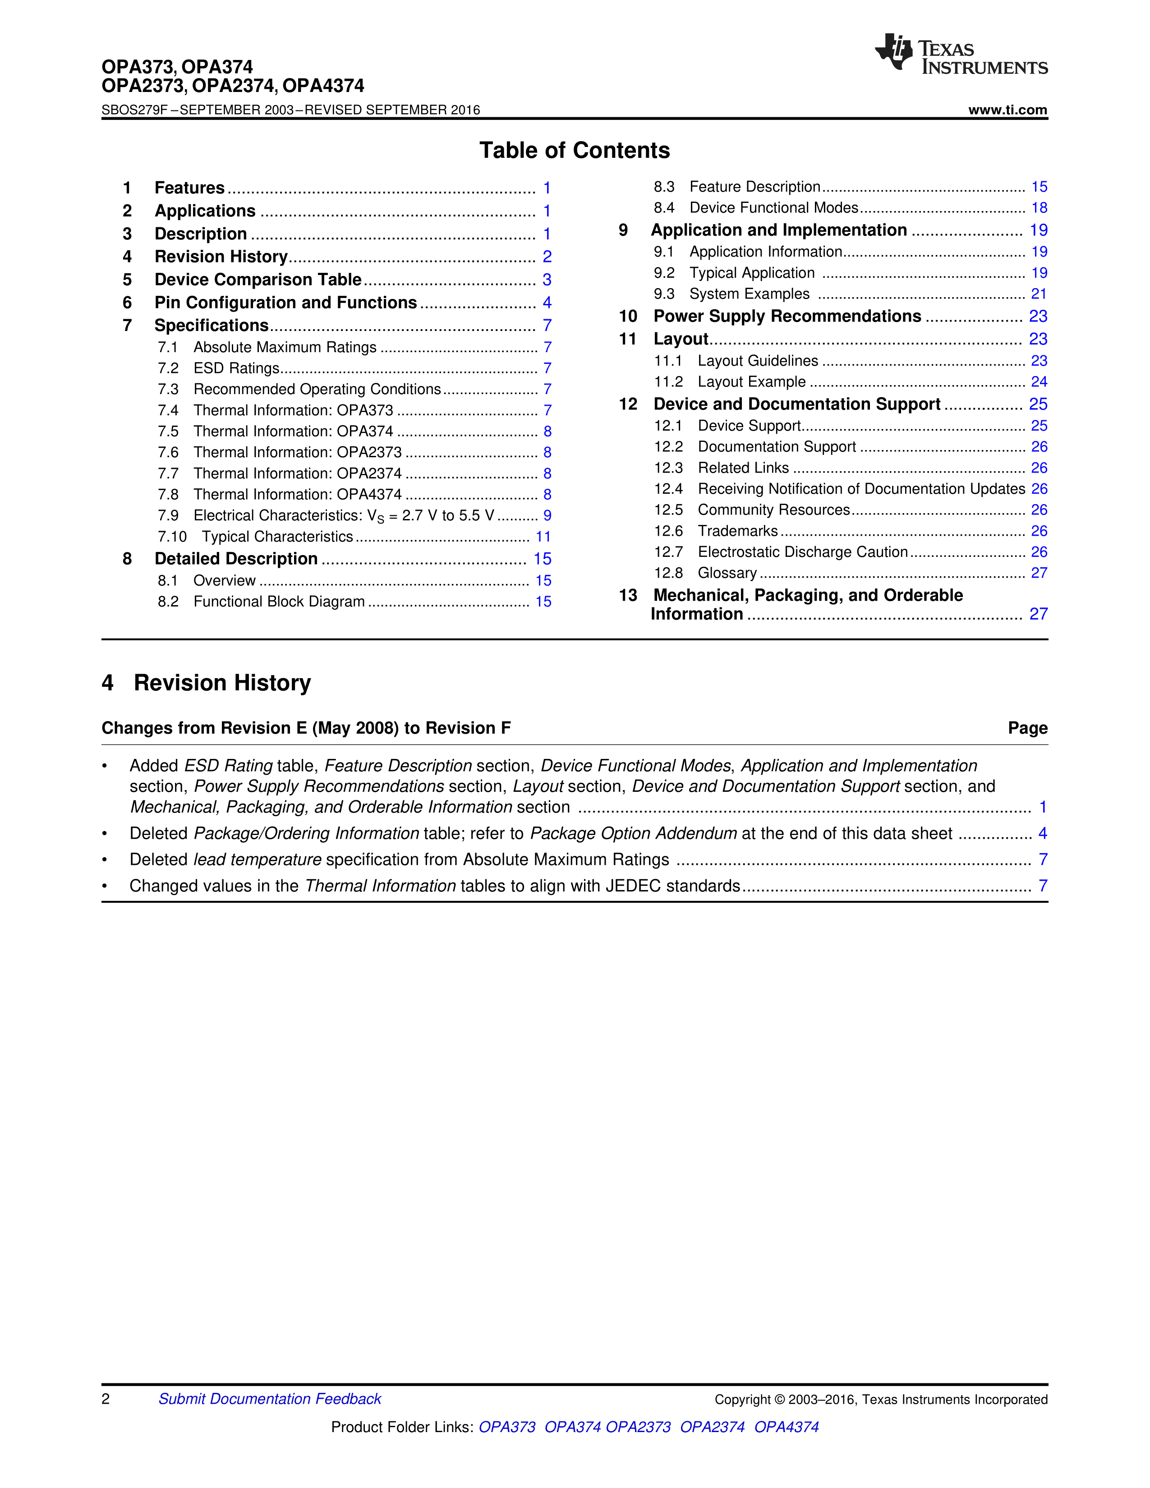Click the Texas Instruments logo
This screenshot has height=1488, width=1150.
tap(961, 54)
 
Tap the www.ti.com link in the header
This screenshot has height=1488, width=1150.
tap(1007, 110)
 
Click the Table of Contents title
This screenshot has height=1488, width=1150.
tap(574, 150)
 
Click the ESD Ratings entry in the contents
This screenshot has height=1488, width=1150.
tap(236, 368)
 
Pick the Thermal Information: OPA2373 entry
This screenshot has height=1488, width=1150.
tap(297, 452)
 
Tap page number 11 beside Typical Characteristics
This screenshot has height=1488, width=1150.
tap(543, 537)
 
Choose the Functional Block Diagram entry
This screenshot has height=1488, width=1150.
tap(279, 602)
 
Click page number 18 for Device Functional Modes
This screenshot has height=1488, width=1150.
tap(1039, 208)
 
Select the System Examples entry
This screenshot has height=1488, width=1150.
tap(750, 294)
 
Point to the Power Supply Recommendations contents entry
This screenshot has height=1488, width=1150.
tap(787, 316)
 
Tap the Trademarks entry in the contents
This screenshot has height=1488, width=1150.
tap(737, 531)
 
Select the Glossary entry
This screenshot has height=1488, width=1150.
tap(727, 573)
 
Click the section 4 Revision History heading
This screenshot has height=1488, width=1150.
tap(207, 683)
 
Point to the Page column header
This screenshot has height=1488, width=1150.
tap(1027, 728)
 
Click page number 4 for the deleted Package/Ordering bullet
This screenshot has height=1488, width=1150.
tap(1042, 833)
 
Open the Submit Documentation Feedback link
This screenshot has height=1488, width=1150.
tap(270, 1399)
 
